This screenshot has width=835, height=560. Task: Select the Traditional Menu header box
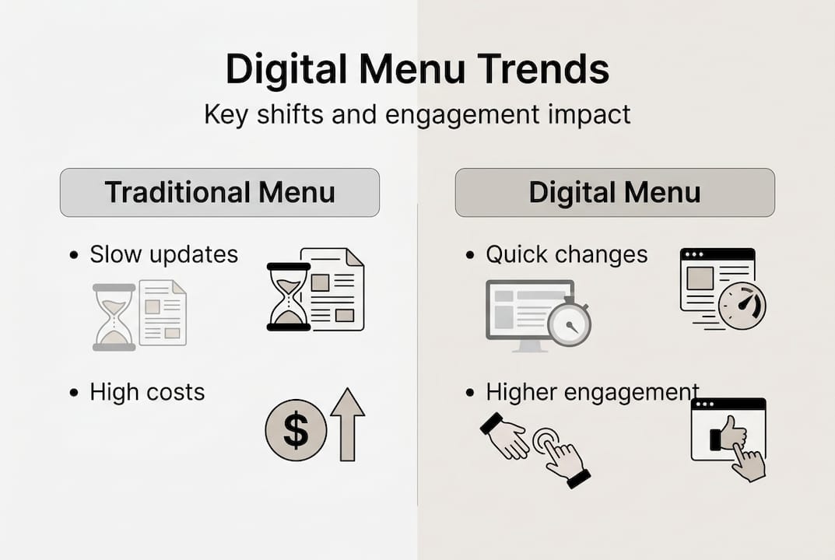pyautogui.click(x=219, y=192)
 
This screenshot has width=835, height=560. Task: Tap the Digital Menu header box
pyautogui.click(x=614, y=192)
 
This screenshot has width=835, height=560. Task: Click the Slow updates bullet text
pyautogui.click(x=163, y=254)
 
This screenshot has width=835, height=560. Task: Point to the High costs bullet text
pyautogui.click(x=147, y=392)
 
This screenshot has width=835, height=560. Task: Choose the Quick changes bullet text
pyautogui.click(x=567, y=254)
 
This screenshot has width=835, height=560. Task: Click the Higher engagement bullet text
pyautogui.click(x=592, y=392)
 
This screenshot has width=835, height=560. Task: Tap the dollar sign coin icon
pyautogui.click(x=296, y=430)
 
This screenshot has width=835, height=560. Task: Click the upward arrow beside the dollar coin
pyautogui.click(x=347, y=425)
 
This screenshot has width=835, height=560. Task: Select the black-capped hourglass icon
pyautogui.click(x=289, y=296)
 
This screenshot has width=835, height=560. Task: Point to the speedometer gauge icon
pyautogui.click(x=742, y=305)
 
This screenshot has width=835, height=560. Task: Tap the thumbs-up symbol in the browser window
pyautogui.click(x=731, y=432)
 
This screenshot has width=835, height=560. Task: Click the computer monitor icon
pyautogui.click(x=526, y=313)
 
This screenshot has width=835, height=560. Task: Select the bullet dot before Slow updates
pyautogui.click(x=74, y=255)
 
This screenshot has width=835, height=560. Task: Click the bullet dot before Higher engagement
pyautogui.click(x=470, y=393)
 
